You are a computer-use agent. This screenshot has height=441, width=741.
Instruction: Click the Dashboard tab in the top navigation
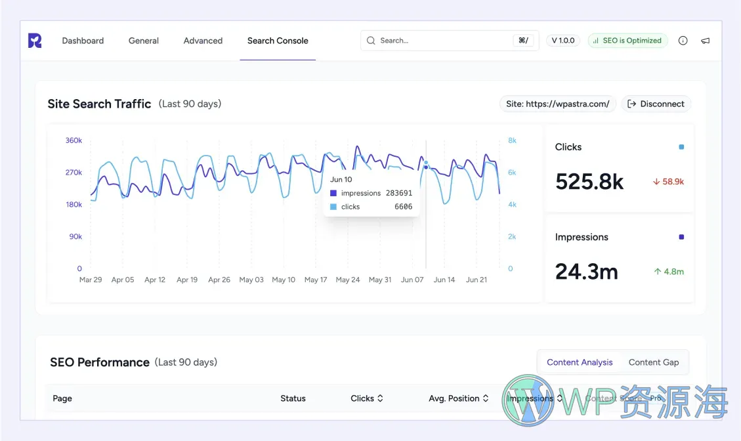[x=83, y=41]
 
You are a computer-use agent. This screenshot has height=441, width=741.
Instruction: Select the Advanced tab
[x=203, y=41]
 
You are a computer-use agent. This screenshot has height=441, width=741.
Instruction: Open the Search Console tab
[x=278, y=41]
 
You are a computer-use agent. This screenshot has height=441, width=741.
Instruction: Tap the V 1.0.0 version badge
[x=562, y=41]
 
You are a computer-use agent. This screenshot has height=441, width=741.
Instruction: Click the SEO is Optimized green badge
[x=627, y=41]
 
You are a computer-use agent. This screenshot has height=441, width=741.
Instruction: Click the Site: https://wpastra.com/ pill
[x=558, y=104]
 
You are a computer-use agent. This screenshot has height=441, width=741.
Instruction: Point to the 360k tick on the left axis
[x=74, y=140]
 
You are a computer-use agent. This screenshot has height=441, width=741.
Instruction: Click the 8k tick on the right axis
[x=512, y=140]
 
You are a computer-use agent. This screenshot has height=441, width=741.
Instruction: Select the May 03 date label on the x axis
[x=251, y=280]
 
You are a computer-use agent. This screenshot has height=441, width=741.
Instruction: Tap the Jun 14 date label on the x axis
[x=444, y=280]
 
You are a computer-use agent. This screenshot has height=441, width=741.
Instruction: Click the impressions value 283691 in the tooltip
[x=399, y=194]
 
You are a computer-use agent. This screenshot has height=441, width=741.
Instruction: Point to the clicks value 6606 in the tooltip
[x=403, y=207]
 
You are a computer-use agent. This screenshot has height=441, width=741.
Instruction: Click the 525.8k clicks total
[x=589, y=181]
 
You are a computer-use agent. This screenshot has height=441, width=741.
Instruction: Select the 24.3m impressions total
[x=587, y=271]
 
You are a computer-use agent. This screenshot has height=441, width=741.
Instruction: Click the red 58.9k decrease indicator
[x=668, y=182]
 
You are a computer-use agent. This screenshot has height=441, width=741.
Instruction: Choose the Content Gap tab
[x=653, y=362]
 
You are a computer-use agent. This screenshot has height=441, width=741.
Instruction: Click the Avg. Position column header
[x=458, y=398]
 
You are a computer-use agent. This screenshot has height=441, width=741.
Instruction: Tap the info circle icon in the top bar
[x=683, y=41]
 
